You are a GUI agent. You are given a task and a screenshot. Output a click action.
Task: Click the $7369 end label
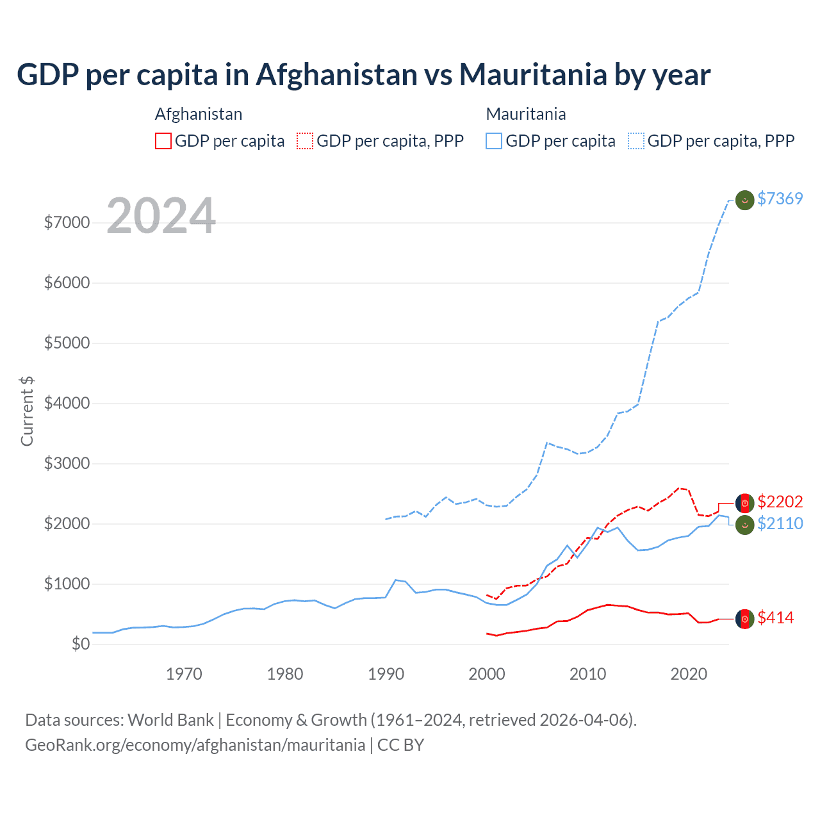(780, 199)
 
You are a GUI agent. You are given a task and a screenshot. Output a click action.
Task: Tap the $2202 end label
(780, 502)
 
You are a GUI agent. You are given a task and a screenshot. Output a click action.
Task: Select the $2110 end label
(780, 523)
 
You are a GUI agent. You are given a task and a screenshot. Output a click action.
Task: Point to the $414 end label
(775, 618)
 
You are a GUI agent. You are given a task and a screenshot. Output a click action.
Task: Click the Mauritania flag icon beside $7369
(744, 200)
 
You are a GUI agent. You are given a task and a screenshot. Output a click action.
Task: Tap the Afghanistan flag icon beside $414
(744, 619)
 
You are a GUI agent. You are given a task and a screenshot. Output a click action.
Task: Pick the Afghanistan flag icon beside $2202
(744, 503)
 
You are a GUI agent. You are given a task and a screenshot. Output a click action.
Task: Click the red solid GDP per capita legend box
(163, 141)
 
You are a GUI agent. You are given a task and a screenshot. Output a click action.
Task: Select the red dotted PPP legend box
(305, 141)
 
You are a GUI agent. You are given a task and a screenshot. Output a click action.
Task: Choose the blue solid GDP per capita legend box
(494, 141)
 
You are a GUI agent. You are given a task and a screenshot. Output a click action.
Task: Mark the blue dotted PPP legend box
(636, 141)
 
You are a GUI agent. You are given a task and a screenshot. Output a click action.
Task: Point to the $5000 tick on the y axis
(67, 343)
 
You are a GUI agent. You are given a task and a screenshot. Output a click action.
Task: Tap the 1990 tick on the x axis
(386, 674)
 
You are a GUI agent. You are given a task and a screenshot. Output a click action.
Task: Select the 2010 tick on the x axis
(588, 674)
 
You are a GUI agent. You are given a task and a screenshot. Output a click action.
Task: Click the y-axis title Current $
(27, 411)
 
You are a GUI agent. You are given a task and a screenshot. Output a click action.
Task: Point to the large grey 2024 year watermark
(161, 216)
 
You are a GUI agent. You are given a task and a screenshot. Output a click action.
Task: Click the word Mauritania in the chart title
(533, 74)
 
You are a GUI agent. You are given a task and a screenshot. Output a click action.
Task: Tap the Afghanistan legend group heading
(199, 114)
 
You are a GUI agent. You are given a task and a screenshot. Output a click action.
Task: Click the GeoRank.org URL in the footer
(195, 745)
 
